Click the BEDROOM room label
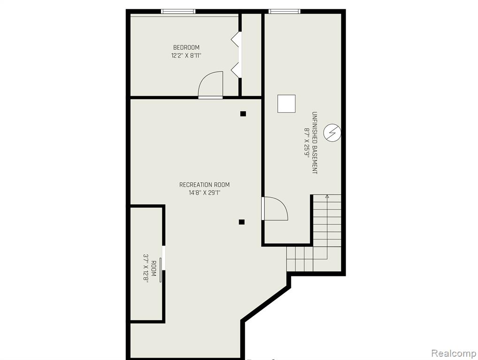pos(186,47)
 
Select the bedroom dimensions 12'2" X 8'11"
pos(186,55)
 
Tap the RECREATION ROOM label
pos(204,184)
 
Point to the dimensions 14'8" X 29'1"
pos(204,193)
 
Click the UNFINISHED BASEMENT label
pos(315,143)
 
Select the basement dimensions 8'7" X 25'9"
pos(306,143)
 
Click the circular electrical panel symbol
pos(332,133)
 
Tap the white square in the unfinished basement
pos(286,104)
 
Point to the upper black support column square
pos(243,114)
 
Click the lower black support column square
pos(242,222)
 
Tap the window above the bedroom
pos(178,12)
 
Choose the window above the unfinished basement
pos(284,12)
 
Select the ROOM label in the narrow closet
pos(154,268)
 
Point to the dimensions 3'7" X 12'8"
pos(146,268)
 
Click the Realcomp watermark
pos(454,353)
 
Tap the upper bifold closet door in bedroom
pos(235,39)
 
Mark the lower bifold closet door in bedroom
pos(235,70)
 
